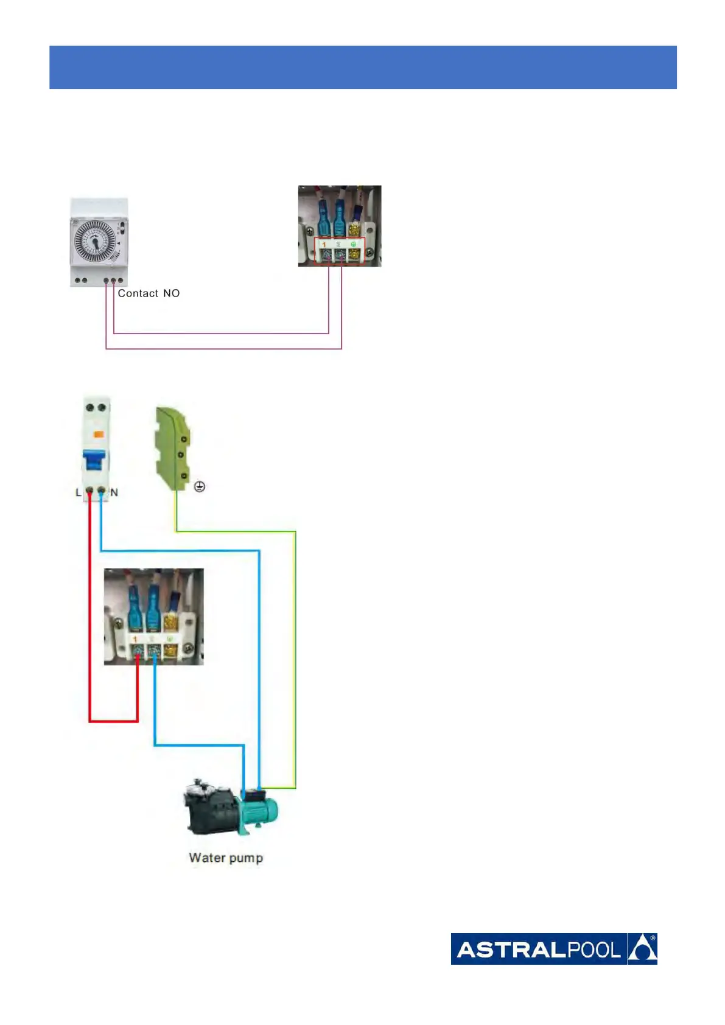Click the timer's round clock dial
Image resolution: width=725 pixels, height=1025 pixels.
(x=94, y=242)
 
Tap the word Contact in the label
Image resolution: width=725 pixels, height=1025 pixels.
(x=138, y=293)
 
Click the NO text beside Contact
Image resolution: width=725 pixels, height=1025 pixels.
(x=171, y=293)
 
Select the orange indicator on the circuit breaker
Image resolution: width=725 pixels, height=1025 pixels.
(x=98, y=435)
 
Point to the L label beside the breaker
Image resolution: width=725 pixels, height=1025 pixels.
(x=78, y=492)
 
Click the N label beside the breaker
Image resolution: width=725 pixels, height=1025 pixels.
(x=114, y=492)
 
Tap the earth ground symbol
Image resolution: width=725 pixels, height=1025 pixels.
(x=199, y=487)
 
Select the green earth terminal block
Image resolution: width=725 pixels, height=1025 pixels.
(x=173, y=449)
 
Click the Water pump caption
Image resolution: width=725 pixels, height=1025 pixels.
(x=226, y=858)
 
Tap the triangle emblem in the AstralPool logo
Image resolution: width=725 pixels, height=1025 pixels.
(x=642, y=949)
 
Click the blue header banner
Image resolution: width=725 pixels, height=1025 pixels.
(x=363, y=67)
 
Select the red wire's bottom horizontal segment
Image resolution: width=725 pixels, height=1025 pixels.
(x=114, y=721)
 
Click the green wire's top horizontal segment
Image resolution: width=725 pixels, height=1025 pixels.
(x=236, y=532)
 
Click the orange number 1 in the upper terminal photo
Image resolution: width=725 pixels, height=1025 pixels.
(x=324, y=245)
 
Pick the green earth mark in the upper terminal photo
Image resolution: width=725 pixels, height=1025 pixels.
(x=353, y=244)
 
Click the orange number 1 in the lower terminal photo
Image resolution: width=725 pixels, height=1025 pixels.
(x=135, y=639)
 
